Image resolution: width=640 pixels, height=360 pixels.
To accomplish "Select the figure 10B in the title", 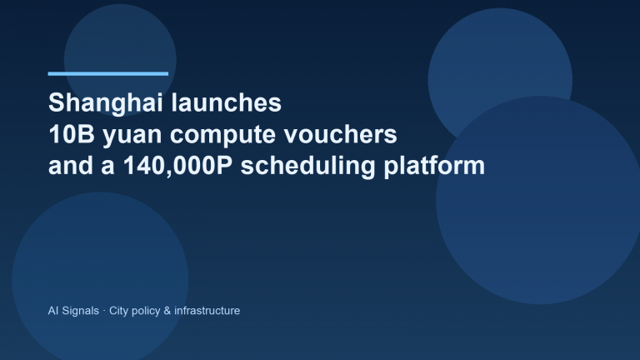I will [x=70, y=135].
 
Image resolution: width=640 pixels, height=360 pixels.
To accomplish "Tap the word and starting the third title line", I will [x=70, y=166].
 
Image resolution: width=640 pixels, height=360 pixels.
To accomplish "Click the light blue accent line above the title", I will [x=108, y=73].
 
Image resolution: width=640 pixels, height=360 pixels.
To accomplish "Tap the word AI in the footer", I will [x=54, y=311].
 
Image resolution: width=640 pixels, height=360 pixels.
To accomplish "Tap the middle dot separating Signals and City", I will [x=104, y=311].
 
